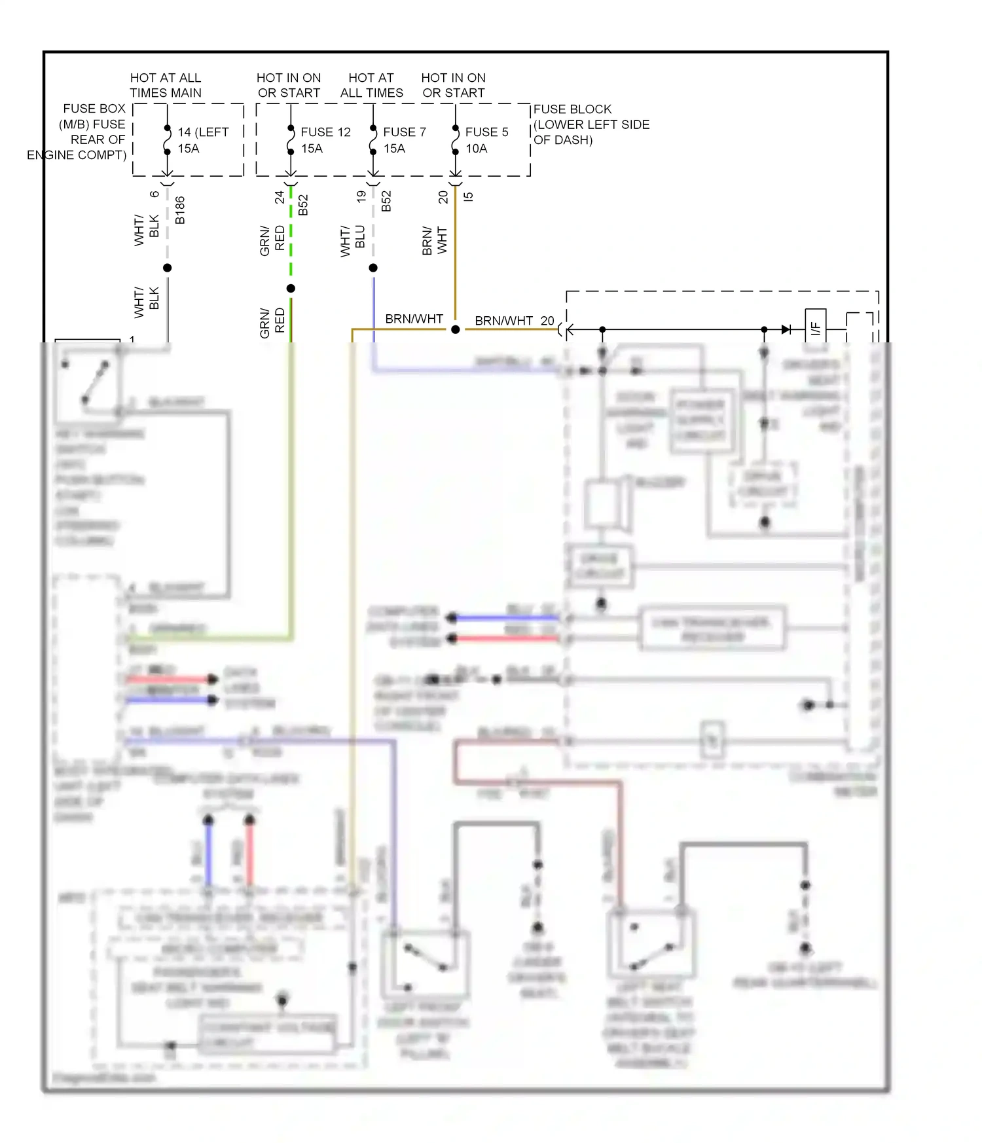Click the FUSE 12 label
point(325,132)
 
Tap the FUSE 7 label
point(404,132)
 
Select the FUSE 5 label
point(486,132)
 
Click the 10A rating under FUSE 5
point(477,149)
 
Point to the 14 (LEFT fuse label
point(203,132)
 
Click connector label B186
point(180,210)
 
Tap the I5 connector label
point(468,196)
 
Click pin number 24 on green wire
point(280,196)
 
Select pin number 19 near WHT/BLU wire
point(361,196)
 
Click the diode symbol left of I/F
point(786,329)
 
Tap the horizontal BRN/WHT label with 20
point(514,321)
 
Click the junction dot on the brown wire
point(456,329)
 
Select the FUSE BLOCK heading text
point(572,109)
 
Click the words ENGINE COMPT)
point(77,155)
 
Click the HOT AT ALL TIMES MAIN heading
point(166,85)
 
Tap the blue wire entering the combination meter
point(465,371)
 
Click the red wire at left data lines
point(167,679)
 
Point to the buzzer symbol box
point(602,504)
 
